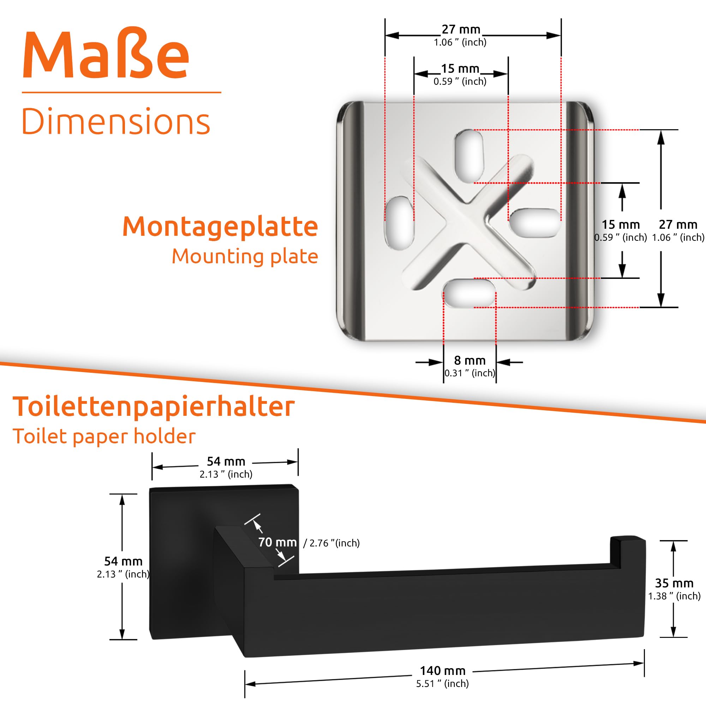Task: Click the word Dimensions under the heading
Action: point(116,122)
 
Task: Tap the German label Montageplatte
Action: point(220,227)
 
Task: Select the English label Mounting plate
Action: point(245,256)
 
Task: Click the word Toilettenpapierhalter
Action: point(154,407)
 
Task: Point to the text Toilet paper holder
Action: point(104,436)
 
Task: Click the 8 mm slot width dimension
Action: point(469,361)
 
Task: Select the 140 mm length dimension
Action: point(443,671)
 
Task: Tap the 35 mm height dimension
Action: point(674,583)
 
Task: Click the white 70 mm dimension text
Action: point(277,542)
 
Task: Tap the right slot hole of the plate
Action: point(534,223)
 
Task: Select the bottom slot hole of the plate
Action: point(469,293)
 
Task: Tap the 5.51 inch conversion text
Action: point(442,684)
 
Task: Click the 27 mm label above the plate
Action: point(461,29)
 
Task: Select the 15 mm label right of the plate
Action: point(621,225)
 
